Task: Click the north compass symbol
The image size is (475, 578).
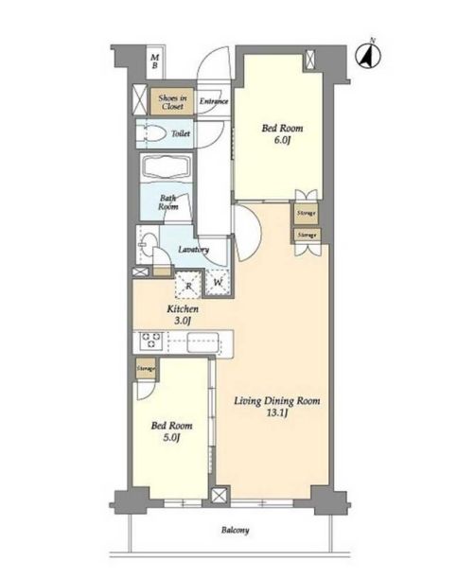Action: [368, 56]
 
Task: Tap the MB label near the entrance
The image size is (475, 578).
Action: [155, 61]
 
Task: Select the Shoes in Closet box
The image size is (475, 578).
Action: [172, 101]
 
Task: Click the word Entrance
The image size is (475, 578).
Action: [214, 101]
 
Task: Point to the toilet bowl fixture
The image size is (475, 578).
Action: [151, 133]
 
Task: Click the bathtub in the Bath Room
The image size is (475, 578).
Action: [167, 168]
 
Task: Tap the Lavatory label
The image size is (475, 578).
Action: [194, 250]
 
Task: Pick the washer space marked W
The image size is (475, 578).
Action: [218, 283]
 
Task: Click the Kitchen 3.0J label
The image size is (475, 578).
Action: [183, 314]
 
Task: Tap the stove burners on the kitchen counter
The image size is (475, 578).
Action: [150, 341]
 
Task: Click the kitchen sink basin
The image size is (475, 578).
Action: [202, 342]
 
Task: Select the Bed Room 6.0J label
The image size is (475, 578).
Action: [282, 133]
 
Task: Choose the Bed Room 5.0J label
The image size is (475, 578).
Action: [171, 431]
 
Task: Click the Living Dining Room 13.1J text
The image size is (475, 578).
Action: [277, 406]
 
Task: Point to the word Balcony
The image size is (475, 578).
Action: [236, 530]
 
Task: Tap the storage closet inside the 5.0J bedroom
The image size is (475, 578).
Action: [146, 369]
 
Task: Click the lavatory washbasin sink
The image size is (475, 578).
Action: [148, 244]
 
